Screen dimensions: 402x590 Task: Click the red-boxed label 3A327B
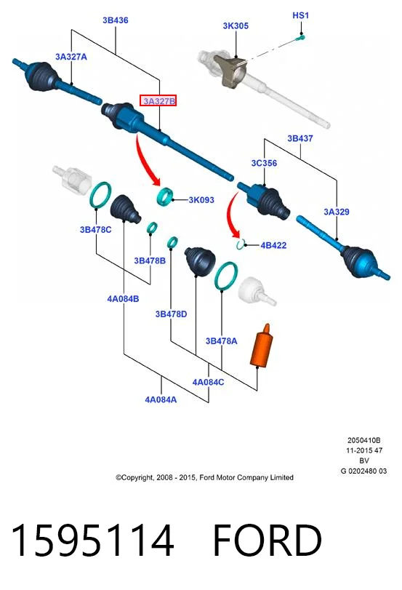(x=158, y=101)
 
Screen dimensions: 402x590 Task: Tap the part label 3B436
(x=116, y=20)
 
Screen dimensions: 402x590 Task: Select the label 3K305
(x=236, y=26)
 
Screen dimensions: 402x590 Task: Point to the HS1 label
(x=300, y=15)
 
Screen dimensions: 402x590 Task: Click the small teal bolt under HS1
(x=300, y=37)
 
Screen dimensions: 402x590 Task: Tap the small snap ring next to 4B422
(x=241, y=244)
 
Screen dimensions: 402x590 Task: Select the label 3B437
(x=300, y=138)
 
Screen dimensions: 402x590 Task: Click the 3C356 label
(x=264, y=163)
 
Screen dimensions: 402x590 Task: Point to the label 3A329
(x=337, y=212)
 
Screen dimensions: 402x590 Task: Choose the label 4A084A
(x=161, y=399)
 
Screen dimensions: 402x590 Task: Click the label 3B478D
(x=171, y=314)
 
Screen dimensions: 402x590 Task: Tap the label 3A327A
(x=71, y=57)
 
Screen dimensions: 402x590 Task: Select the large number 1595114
(x=92, y=540)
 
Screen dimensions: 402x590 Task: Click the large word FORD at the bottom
(x=268, y=540)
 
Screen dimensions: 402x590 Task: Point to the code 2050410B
(x=363, y=440)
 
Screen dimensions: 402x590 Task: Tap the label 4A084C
(x=209, y=382)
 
